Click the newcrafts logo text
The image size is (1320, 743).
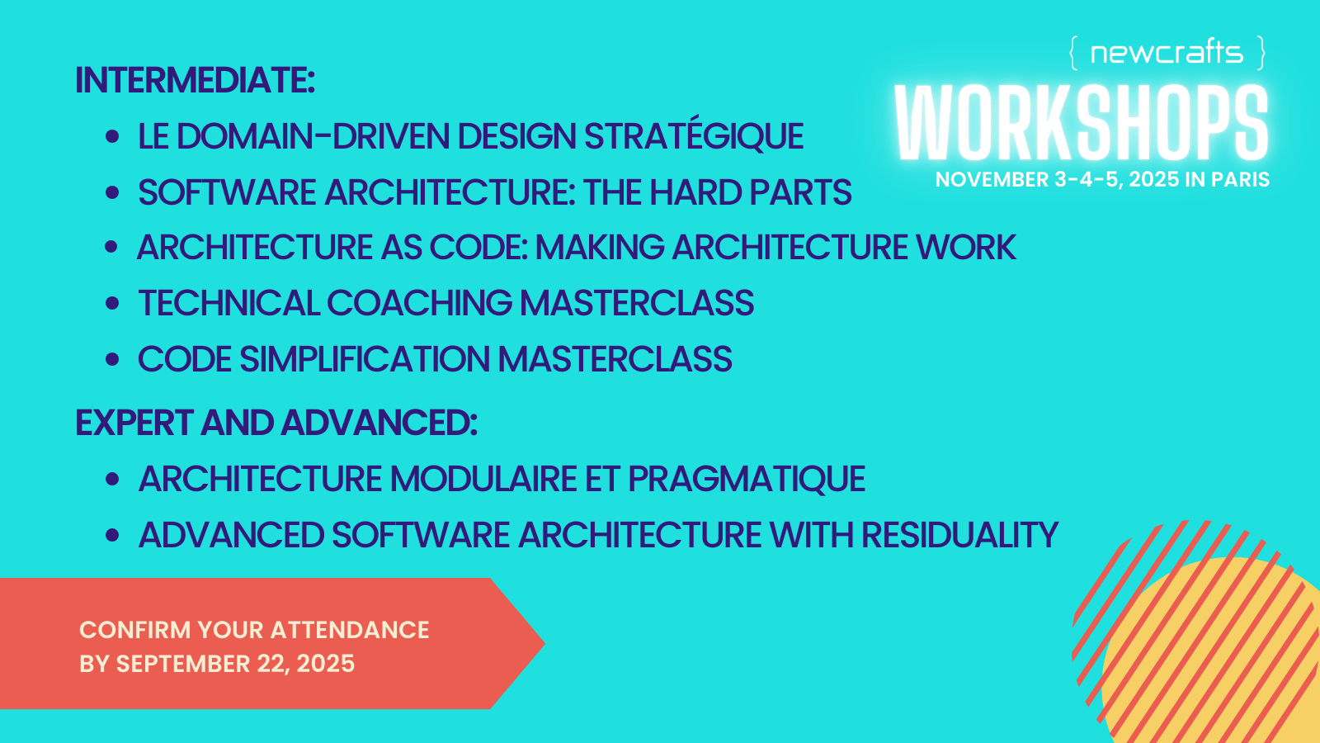pyautogui.click(x=1167, y=53)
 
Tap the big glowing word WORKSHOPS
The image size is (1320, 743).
pyautogui.click(x=1082, y=123)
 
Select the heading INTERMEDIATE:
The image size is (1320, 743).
pyautogui.click(x=195, y=80)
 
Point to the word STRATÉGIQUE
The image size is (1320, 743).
pyautogui.click(x=694, y=136)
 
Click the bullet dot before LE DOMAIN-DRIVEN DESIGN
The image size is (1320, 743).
pyautogui.click(x=112, y=137)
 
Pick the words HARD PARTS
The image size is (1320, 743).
pyautogui.click(x=750, y=192)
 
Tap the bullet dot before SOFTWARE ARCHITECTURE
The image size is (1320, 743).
pyautogui.click(x=112, y=192)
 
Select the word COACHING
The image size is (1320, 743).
pyautogui.click(x=419, y=303)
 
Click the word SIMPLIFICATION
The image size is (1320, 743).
pyautogui.click(x=365, y=359)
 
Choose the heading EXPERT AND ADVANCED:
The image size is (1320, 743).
pyautogui.click(x=276, y=423)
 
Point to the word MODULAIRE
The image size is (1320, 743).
pyautogui.click(x=483, y=478)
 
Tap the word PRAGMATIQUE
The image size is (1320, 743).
pyautogui.click(x=747, y=478)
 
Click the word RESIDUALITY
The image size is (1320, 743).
pyautogui.click(x=960, y=535)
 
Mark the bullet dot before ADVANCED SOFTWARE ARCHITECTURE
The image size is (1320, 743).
pyautogui.click(x=112, y=535)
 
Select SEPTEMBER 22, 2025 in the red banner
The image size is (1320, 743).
pyautogui.click(x=236, y=664)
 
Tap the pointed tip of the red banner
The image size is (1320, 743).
pyautogui.click(x=544, y=643)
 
